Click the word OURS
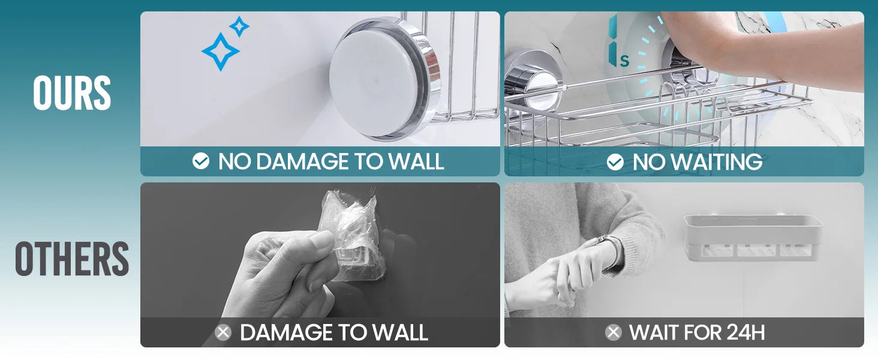pos(72,93)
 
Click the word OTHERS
pos(72,259)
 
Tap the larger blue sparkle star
pos(220,52)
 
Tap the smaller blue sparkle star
pos(239,26)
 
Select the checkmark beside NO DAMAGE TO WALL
pos(201,161)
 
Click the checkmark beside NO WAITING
pos(615,162)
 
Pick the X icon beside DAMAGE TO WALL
pos(223,332)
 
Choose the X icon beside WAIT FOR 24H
pos(614,332)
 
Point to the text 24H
pos(745,332)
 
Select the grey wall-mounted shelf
pos(753,237)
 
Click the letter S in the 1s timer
pos(624,61)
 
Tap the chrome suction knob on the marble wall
pos(527,84)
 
